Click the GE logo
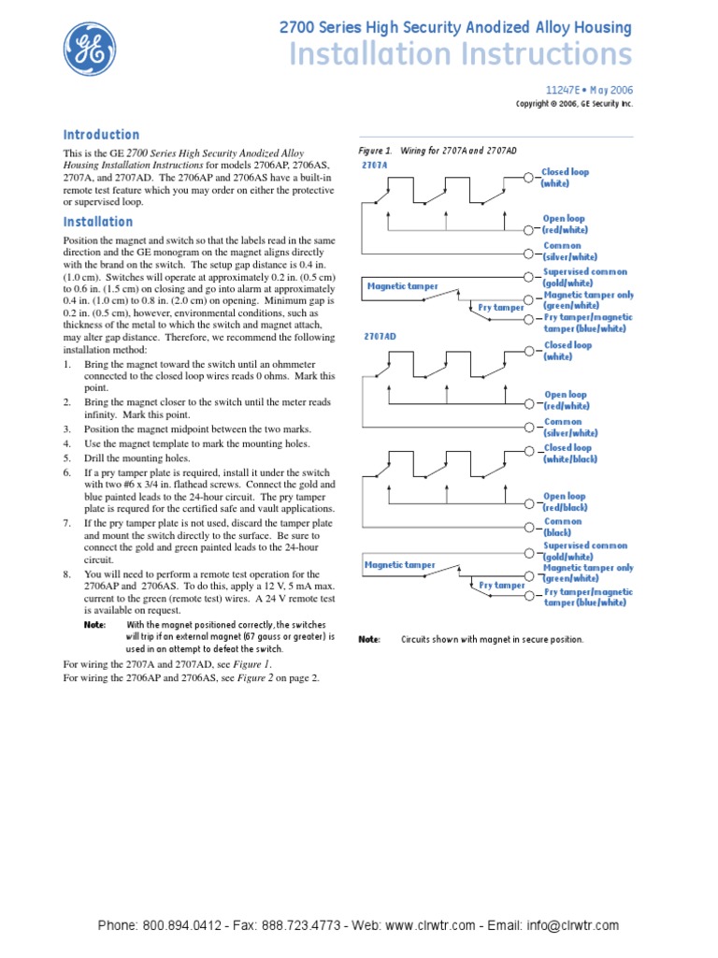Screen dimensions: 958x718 [x=91, y=50]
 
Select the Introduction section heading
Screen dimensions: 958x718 [x=101, y=135]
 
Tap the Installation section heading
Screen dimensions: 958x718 [x=98, y=222]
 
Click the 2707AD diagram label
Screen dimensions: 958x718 [x=379, y=336]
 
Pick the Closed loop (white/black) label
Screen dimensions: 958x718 [x=570, y=454]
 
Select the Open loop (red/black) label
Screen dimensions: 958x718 [x=567, y=502]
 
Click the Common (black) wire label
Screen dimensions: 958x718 [x=562, y=527]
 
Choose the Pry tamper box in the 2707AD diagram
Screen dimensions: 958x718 [x=502, y=586]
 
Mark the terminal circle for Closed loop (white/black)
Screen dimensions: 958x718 [x=530, y=451]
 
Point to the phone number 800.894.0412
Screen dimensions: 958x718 [x=181, y=925]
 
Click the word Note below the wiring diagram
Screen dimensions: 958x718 [x=369, y=640]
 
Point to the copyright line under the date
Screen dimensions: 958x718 [x=574, y=104]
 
